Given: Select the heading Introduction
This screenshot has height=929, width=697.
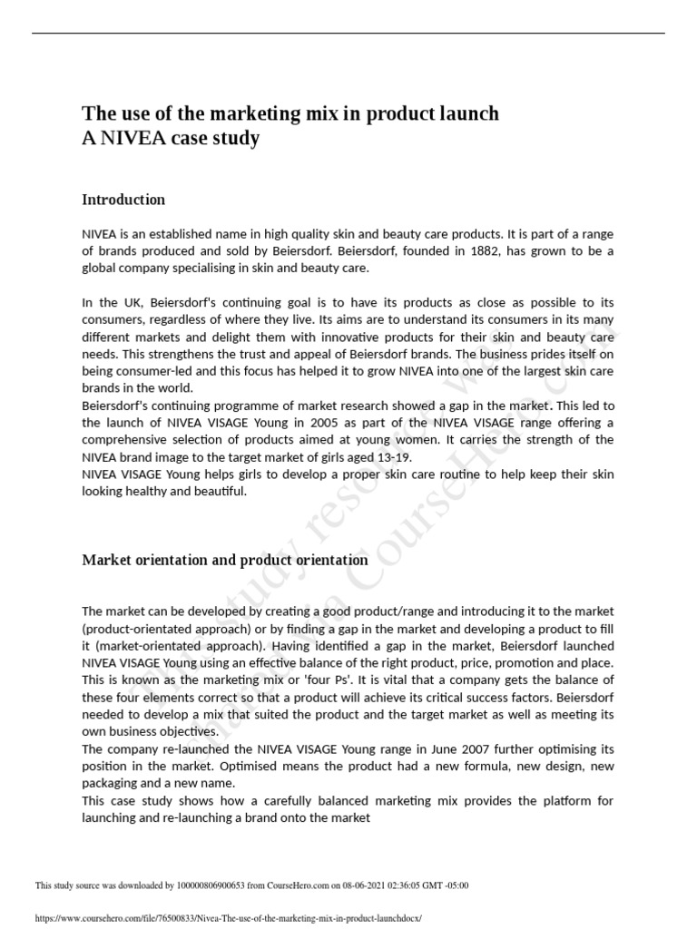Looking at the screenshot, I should tap(123, 200).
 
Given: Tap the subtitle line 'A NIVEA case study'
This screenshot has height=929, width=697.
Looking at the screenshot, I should tap(171, 139).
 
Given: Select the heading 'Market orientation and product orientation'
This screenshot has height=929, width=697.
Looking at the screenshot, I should tap(225, 560).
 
